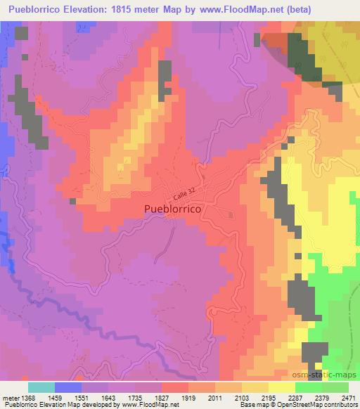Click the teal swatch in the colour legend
pyautogui.click(x=41, y=387)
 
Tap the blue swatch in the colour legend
pyautogui.click(x=68, y=387)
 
